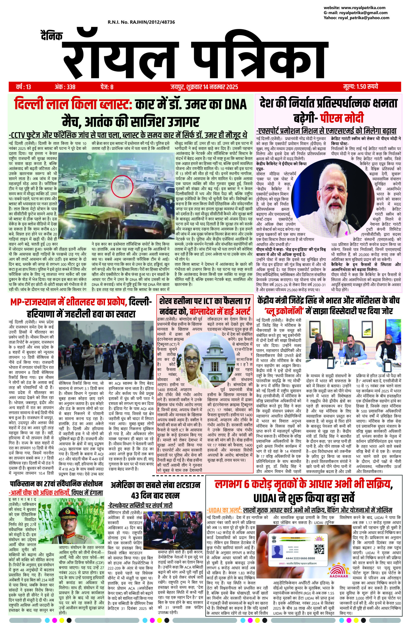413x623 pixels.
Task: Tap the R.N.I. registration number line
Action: pyautogui.click(x=141, y=22)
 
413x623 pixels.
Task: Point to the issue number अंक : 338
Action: pyautogui.click(x=65, y=86)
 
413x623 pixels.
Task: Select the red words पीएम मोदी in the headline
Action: pyautogui.click(x=342, y=118)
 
